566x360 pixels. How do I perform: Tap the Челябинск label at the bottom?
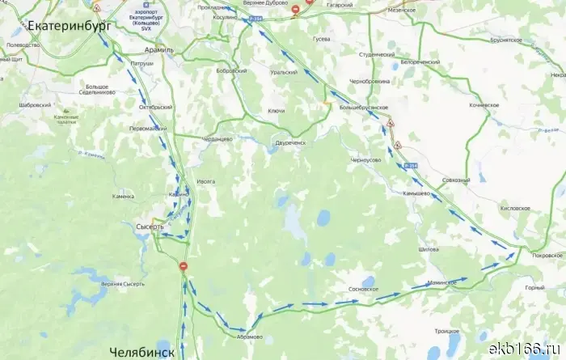(141, 352)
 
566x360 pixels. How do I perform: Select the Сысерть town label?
(150, 227)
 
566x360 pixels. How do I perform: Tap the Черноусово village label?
(365, 160)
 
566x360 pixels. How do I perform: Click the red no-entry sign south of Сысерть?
(184, 265)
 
